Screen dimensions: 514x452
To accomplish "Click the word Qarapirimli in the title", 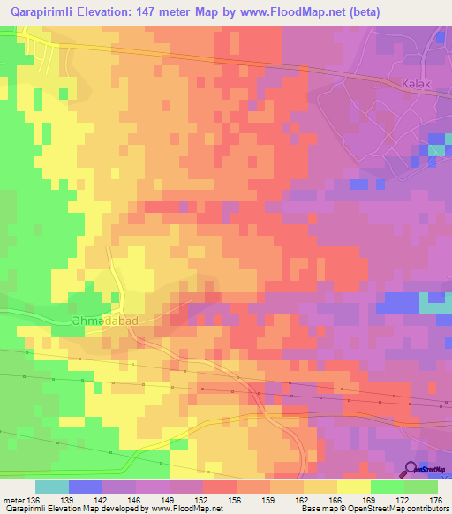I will (x=46, y=13).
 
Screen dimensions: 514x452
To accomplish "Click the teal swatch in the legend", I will (x=51, y=487).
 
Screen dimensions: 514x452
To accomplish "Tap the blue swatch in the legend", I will (x=86, y=487).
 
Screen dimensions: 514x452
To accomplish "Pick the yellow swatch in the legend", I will (x=353, y=487).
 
